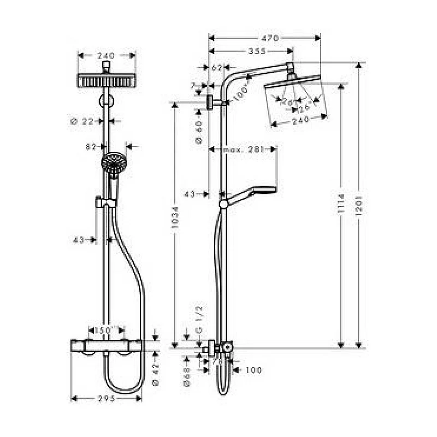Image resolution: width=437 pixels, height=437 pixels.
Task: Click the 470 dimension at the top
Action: click(x=270, y=38)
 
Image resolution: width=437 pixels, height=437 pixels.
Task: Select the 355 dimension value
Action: click(x=256, y=51)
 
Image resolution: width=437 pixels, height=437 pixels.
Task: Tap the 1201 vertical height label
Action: click(x=359, y=206)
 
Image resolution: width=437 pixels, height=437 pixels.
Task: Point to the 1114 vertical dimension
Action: click(x=341, y=206)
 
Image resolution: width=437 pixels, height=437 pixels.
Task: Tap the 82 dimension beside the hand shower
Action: click(x=91, y=146)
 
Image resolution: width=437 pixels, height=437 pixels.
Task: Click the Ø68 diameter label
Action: click(x=186, y=376)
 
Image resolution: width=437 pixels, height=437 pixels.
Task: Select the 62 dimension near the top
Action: click(x=217, y=68)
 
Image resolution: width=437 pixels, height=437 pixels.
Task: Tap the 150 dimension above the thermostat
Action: click(x=103, y=331)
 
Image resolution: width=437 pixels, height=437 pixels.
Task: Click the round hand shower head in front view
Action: click(x=113, y=163)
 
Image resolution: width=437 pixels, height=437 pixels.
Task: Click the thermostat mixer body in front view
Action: click(x=107, y=345)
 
